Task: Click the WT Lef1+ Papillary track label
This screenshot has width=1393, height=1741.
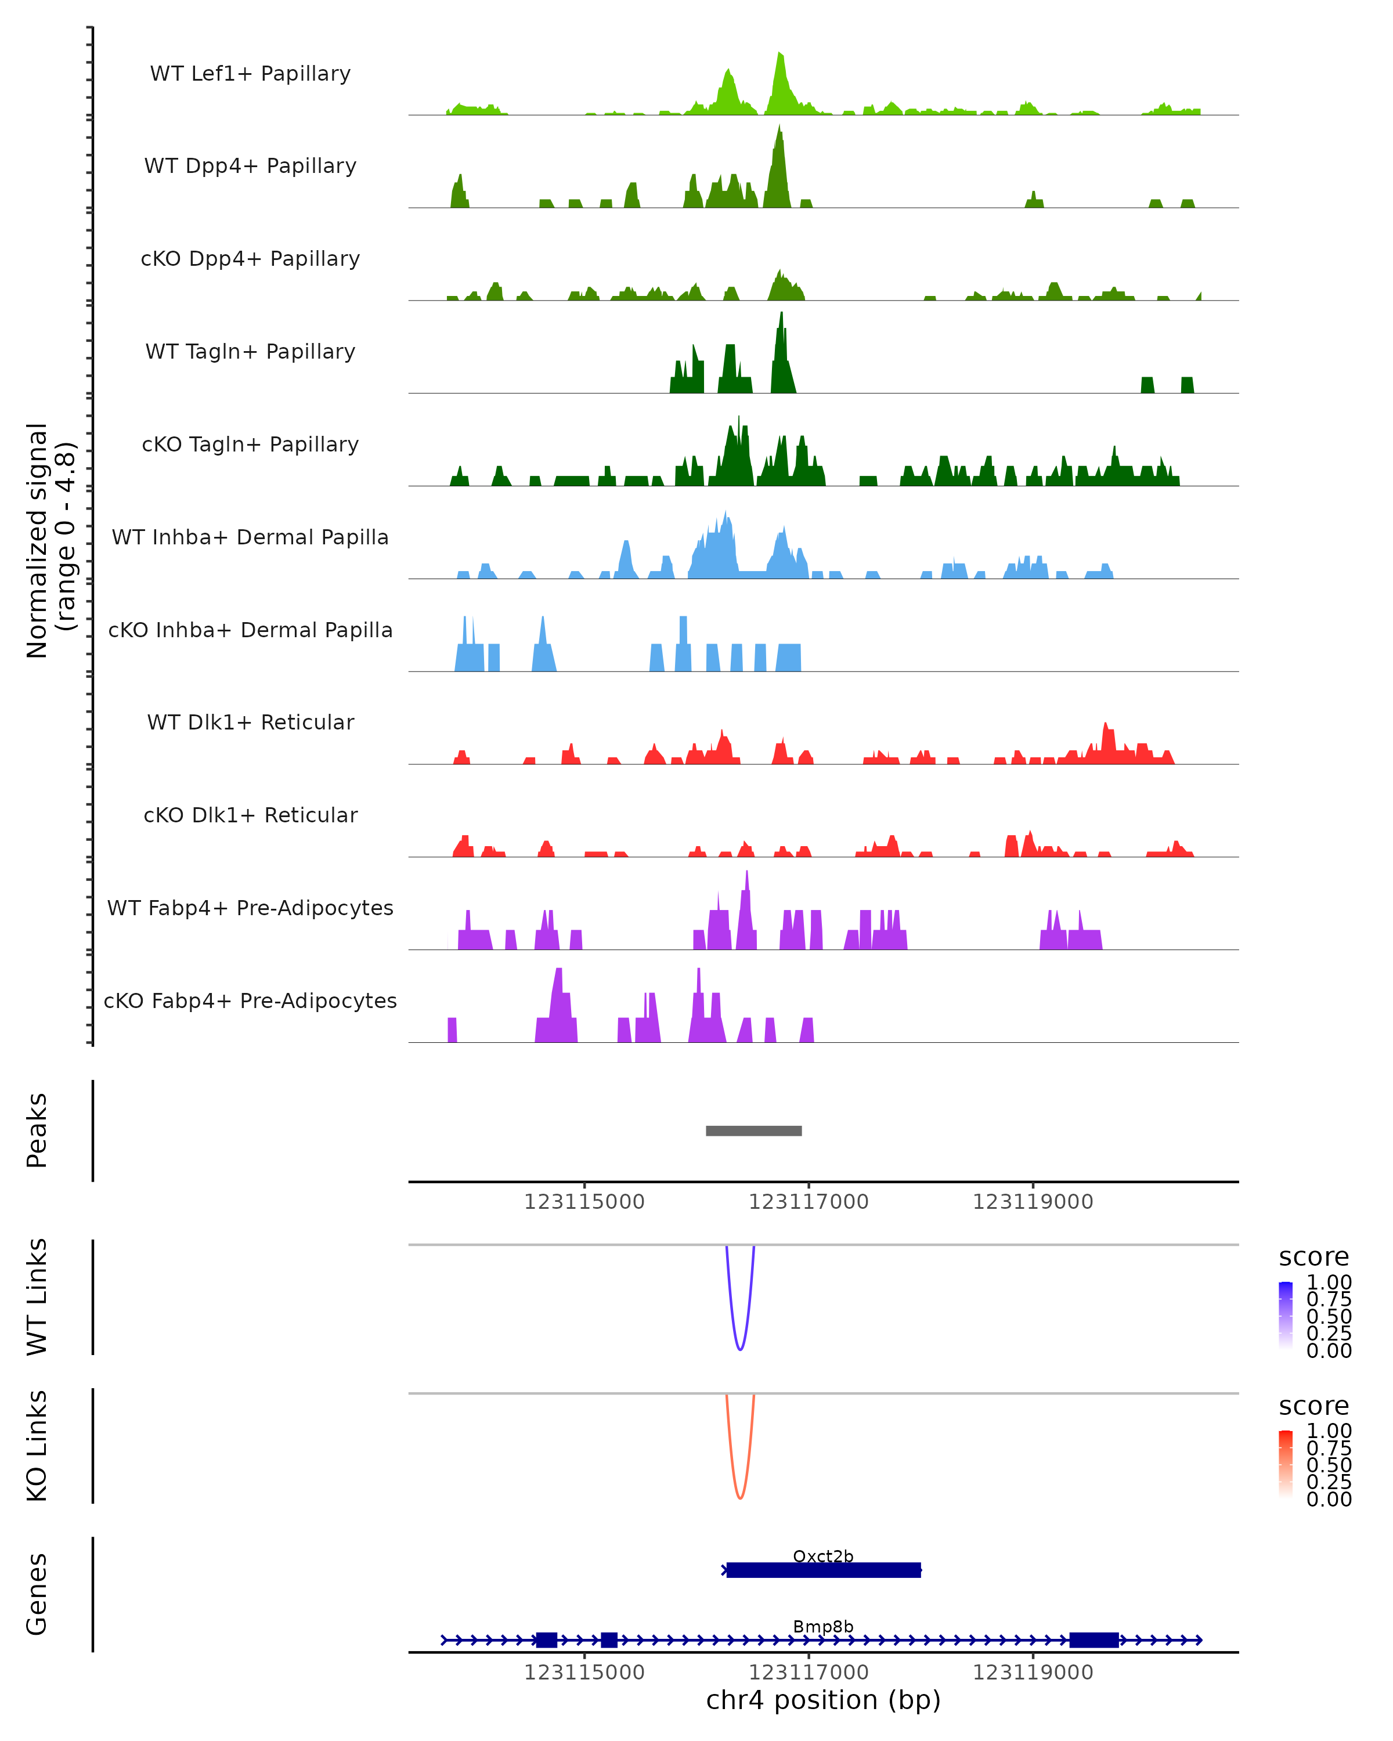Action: [250, 74]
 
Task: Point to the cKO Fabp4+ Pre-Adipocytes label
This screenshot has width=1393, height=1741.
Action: [250, 1000]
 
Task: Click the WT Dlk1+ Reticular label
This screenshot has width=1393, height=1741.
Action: [250, 722]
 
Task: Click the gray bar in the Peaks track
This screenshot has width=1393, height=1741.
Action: [753, 1130]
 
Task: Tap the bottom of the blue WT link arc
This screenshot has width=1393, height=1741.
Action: [739, 1349]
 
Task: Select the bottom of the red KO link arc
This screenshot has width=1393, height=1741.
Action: [739, 1498]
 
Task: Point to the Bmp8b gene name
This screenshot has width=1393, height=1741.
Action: [823, 1626]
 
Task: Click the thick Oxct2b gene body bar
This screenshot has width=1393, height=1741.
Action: [823, 1570]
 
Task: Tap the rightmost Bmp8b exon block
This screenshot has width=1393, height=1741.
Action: [1094, 1640]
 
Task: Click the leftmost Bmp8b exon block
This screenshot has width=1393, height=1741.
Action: [547, 1640]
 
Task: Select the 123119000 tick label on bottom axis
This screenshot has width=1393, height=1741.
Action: [1032, 1673]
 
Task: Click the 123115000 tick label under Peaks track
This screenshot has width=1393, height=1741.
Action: [584, 1202]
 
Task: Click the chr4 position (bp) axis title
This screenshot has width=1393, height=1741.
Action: [823, 1700]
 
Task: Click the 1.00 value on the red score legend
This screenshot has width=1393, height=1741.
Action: [1329, 1431]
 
